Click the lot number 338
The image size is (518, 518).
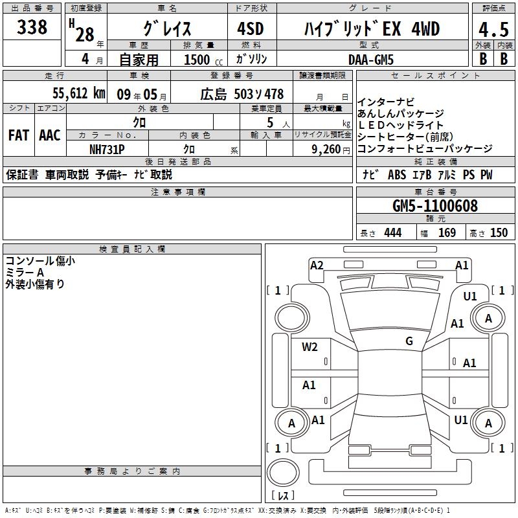pyautogui.click(x=32, y=27)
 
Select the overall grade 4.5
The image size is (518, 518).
pyautogui.click(x=493, y=29)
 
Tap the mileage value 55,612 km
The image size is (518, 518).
pyautogui.click(x=79, y=93)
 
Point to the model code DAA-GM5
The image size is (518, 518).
pyautogui.click(x=370, y=60)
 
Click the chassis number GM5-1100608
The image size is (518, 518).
pyautogui.click(x=434, y=206)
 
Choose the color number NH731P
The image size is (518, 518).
pyautogui.click(x=107, y=150)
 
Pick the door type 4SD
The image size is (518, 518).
pyautogui.click(x=251, y=28)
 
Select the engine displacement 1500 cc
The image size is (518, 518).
pyautogui.click(x=203, y=60)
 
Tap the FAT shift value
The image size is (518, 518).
pyautogui.click(x=19, y=135)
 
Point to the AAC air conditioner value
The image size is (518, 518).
pyautogui.click(x=50, y=135)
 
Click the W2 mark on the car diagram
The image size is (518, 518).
pyautogui.click(x=310, y=347)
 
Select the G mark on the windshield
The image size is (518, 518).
pyautogui.click(x=409, y=341)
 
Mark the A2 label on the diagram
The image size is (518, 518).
pyautogui.click(x=317, y=265)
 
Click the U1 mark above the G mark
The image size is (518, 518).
pyautogui.click(x=470, y=297)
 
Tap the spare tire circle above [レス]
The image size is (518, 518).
pyautogui.click(x=283, y=473)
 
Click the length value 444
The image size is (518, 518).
pyautogui.click(x=393, y=233)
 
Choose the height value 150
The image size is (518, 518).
pyautogui.click(x=499, y=233)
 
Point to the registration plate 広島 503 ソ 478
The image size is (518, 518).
pyautogui.click(x=242, y=95)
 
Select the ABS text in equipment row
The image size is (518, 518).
pyautogui.click(x=397, y=175)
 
